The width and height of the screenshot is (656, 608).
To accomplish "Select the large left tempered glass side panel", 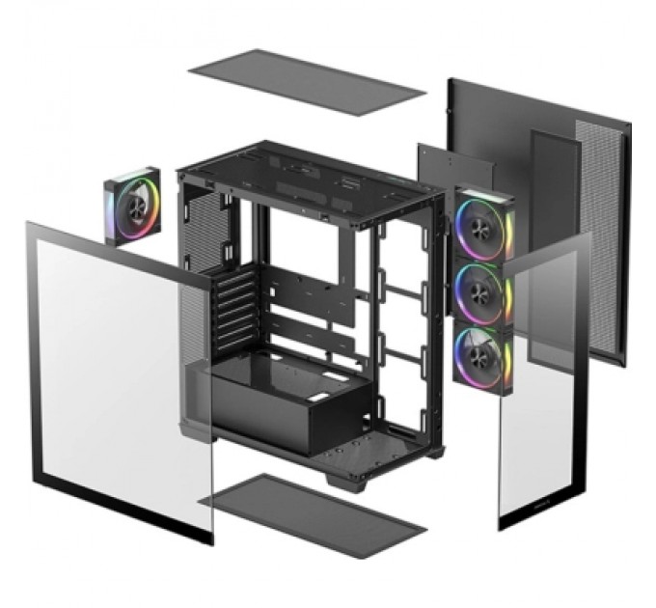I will click(x=116, y=376).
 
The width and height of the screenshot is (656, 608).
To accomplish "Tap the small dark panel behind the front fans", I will click(x=453, y=169).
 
